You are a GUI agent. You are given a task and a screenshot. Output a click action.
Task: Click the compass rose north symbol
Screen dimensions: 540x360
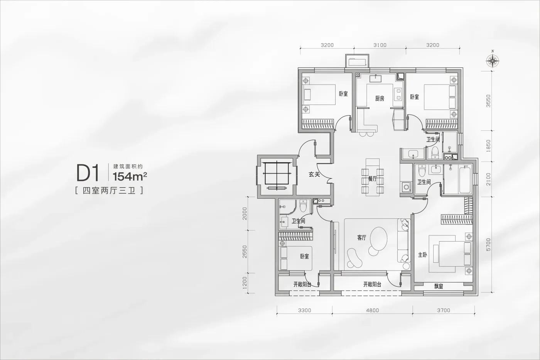[493, 61]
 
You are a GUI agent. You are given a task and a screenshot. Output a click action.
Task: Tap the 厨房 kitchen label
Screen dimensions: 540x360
[380, 98]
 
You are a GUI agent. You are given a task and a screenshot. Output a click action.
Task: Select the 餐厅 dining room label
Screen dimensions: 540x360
[373, 179]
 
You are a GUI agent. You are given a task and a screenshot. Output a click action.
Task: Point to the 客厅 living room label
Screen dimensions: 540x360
[362, 238]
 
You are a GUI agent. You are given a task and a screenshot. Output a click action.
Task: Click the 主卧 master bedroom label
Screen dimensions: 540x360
[422, 255]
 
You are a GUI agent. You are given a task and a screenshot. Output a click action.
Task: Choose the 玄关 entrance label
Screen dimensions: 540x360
[314, 174]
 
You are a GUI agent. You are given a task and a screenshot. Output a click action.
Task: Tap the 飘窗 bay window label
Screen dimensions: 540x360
[439, 286]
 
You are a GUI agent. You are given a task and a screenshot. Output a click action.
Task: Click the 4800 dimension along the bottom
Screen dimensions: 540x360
[373, 310]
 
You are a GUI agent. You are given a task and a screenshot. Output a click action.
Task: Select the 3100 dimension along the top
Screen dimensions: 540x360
[380, 45]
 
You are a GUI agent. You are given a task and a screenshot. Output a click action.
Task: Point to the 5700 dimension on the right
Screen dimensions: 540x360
[488, 245]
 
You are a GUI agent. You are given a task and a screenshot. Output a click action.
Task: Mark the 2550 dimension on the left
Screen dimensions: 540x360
[245, 252]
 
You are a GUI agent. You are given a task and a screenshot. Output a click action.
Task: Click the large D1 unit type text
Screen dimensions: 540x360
[88, 173]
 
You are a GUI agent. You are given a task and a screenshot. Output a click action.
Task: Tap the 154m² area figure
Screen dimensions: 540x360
[130, 177]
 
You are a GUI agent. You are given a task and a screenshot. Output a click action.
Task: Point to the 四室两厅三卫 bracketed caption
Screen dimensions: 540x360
[109, 191]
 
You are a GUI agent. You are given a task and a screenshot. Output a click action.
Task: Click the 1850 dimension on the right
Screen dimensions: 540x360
[488, 146]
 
